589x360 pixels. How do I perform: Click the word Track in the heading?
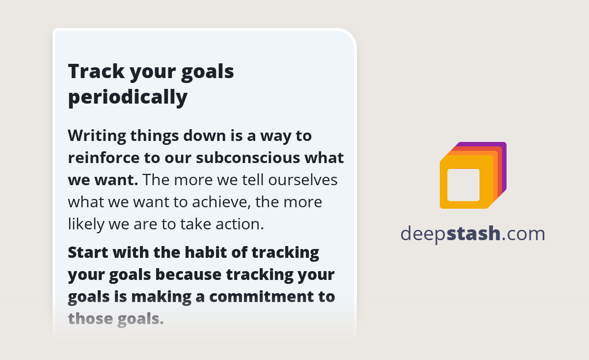tap(96, 72)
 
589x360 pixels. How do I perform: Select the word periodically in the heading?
tap(128, 97)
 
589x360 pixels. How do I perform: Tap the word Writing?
tap(97, 136)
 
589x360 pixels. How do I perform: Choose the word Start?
tap(87, 253)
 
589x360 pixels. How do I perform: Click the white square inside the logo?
tap(463, 185)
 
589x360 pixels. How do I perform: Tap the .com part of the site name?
tap(524, 234)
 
